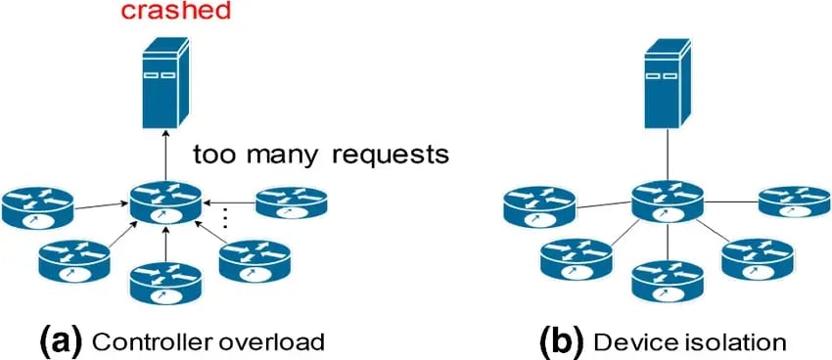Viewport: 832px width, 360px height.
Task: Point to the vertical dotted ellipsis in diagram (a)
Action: [227, 218]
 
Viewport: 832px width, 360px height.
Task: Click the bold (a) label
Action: [61, 339]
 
